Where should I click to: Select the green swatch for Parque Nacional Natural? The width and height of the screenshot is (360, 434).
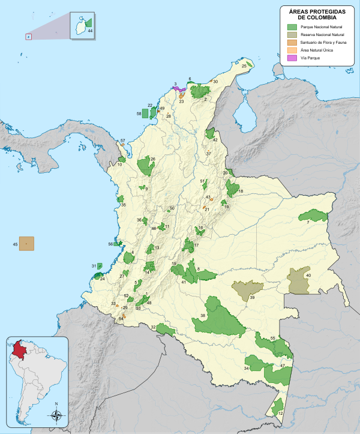coord(292,27)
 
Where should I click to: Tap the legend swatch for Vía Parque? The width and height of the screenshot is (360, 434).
coord(292,58)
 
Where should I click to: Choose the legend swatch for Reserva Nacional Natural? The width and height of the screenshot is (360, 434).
coord(292,35)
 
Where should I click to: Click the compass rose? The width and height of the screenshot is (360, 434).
coord(56,415)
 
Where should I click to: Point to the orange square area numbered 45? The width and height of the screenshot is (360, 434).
coord(26,243)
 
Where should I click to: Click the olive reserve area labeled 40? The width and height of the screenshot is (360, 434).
coord(298,281)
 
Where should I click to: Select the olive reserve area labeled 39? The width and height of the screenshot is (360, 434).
coord(247,289)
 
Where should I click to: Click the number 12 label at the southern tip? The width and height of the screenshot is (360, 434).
coord(280,413)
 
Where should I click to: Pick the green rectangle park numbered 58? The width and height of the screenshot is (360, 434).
coord(144,113)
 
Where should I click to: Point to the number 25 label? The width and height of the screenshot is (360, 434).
coord(244,67)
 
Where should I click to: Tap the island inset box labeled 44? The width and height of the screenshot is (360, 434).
coord(82,26)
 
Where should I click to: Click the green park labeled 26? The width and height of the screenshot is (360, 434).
coord(145,165)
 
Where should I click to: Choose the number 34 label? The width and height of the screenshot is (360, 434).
coord(246,367)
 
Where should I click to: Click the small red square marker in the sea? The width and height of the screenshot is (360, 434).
coord(28,37)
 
